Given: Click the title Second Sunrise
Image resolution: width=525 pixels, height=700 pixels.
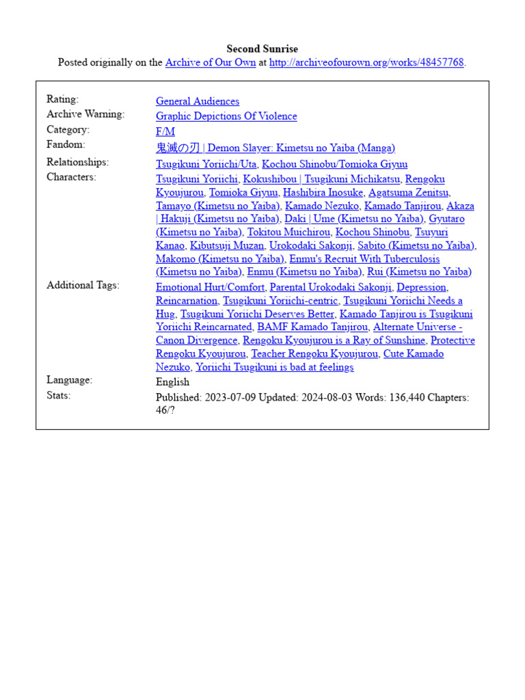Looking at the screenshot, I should coord(262,49).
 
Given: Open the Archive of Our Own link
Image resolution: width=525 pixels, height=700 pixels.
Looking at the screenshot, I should coord(211,63).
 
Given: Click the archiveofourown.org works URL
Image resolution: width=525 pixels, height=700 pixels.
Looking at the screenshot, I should coord(366,63).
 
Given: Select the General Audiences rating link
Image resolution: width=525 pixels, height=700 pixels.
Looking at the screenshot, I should coord(198,101).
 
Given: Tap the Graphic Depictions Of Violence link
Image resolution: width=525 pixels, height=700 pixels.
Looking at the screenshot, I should coord(226,116).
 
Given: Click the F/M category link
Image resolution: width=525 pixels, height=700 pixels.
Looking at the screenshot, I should coord(165,131).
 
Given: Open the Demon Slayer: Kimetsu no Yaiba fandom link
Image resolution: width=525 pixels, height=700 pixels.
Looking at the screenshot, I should coord(275,148).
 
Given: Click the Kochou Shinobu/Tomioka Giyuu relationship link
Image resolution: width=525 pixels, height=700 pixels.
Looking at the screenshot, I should coord(335,164).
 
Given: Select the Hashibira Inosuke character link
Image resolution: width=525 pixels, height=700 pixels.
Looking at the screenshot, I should coord(323,193).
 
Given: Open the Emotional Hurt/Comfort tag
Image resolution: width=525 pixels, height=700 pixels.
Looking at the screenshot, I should coord(211,287).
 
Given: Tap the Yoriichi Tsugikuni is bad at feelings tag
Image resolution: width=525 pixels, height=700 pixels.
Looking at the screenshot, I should coord(275,367).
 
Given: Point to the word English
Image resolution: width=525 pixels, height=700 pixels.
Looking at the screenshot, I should coord(172,382).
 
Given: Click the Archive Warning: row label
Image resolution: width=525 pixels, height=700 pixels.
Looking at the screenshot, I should coord(85,114).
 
